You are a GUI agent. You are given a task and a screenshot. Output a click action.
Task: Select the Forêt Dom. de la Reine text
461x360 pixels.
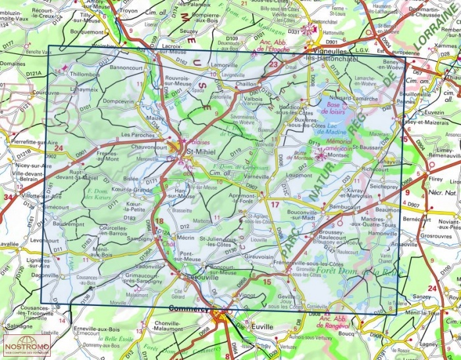pos(347,270)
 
